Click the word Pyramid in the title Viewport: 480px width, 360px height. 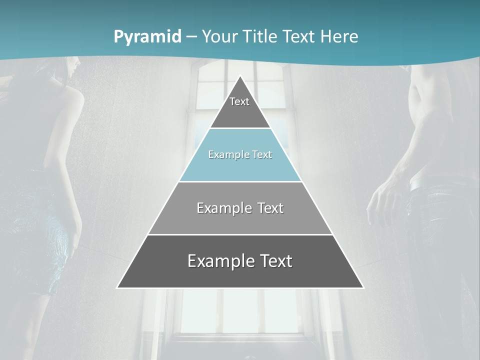pos(147,37)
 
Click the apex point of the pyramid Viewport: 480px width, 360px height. pos(240,76)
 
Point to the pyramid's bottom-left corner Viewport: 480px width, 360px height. pos(118,287)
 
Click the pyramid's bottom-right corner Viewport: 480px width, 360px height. pos(363,287)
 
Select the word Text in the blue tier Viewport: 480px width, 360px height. pos(262,154)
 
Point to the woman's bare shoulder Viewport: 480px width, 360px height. pos(70,100)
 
